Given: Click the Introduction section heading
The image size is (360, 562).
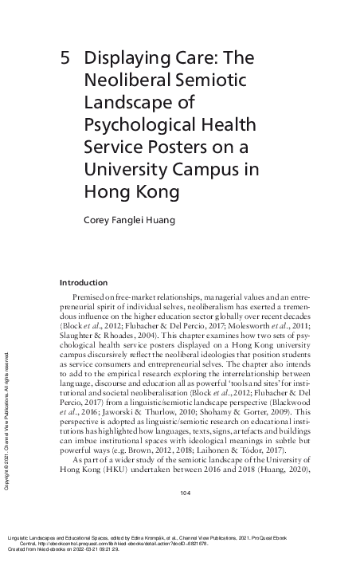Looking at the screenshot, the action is pos(84,282).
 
